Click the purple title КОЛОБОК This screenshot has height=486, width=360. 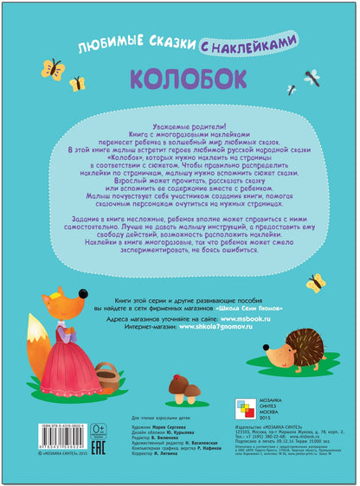[x=181, y=79]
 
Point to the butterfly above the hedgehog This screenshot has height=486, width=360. [x=315, y=281]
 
